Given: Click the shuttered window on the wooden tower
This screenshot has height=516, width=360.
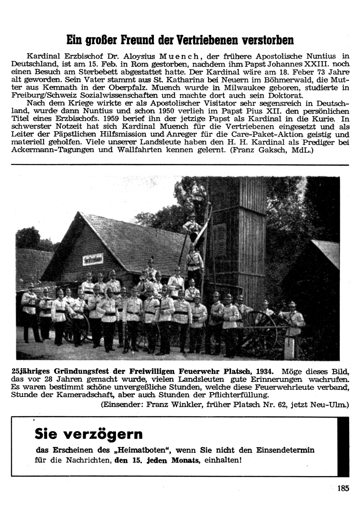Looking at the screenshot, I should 219,236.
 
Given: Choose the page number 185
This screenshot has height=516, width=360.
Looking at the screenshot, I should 343,489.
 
